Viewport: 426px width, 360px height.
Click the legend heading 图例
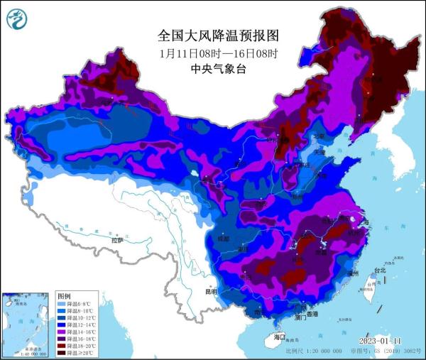pyautogui.click(x=65, y=295)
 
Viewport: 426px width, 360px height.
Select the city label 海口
pyautogui.click(x=278, y=337)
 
